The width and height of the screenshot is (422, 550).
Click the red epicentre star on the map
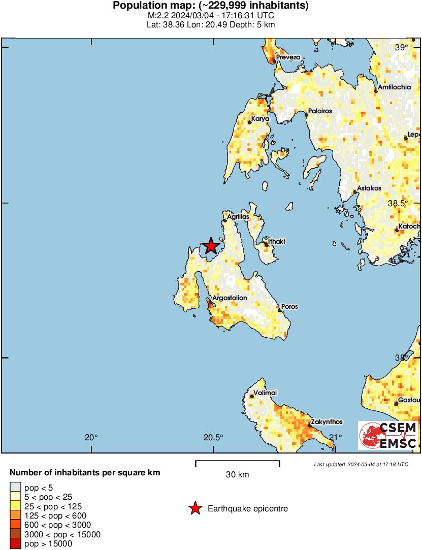210,246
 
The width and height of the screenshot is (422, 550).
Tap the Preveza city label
288,57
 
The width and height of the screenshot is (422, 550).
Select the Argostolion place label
230,298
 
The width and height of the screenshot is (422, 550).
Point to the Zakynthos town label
327,422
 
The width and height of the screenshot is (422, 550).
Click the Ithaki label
277,242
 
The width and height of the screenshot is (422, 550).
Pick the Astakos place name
369,188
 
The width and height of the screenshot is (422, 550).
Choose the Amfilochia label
395,87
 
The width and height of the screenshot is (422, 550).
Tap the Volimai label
266,393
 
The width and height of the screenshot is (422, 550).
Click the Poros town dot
279,310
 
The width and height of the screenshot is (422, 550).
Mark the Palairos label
320,111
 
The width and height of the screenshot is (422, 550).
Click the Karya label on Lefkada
260,119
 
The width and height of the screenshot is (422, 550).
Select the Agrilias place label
238,217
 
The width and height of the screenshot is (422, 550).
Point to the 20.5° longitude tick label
213,438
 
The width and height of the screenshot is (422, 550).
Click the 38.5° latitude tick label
398,203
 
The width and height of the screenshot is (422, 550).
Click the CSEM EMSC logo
387,435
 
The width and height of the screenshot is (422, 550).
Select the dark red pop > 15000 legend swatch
15,544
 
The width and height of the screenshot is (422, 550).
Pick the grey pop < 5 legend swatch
15,488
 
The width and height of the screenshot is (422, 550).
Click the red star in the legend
194,508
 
